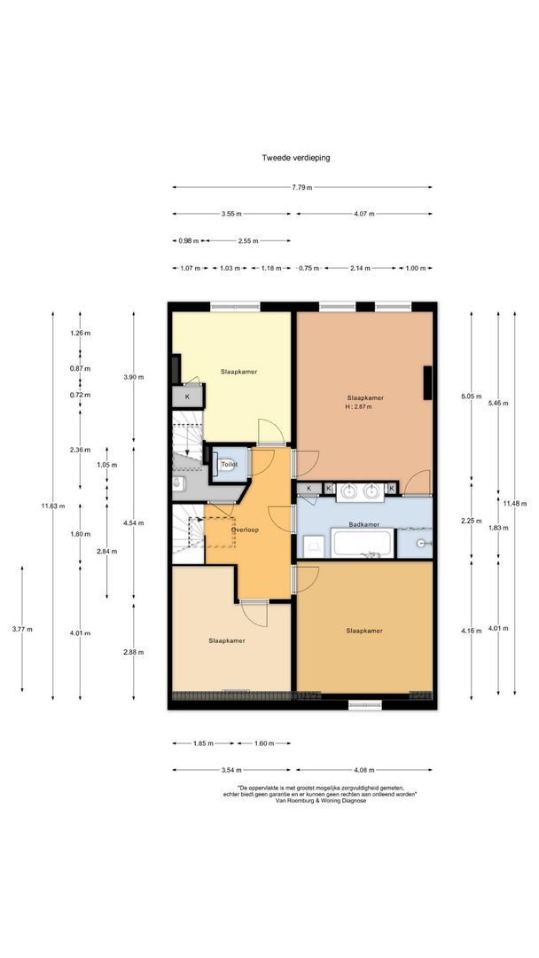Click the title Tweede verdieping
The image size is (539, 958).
tap(296, 158)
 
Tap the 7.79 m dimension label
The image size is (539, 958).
tap(301, 187)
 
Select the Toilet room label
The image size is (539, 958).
tap(230, 464)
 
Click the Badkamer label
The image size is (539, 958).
tap(364, 524)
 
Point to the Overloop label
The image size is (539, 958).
tap(245, 530)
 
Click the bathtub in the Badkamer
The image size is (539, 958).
tap(363, 543)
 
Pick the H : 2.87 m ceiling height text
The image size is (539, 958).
tap(359, 406)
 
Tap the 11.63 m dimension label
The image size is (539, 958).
tap(52, 506)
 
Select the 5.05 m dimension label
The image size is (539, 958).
tap(472, 396)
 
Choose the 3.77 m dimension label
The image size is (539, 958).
tap(22, 629)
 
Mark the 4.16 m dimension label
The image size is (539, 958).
tap(472, 629)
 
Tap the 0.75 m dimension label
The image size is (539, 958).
tap(309, 268)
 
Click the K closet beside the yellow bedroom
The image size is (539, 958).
tap(187, 397)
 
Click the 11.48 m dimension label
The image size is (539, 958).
tap(514, 504)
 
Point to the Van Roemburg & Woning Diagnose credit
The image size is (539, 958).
tap(322, 800)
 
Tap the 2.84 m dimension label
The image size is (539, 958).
tap(106, 551)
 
